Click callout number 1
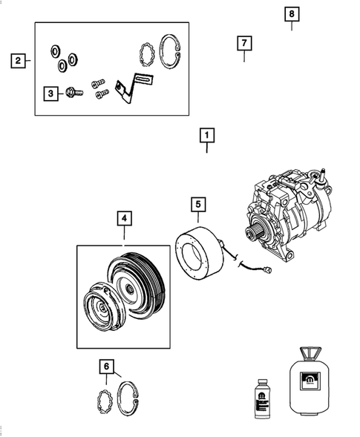tap(206, 136)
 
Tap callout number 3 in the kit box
tap(50, 93)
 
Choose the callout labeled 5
tap(198, 203)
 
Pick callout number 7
tap(243, 43)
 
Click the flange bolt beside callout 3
tap(71, 93)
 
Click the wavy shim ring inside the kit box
tap(147, 53)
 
